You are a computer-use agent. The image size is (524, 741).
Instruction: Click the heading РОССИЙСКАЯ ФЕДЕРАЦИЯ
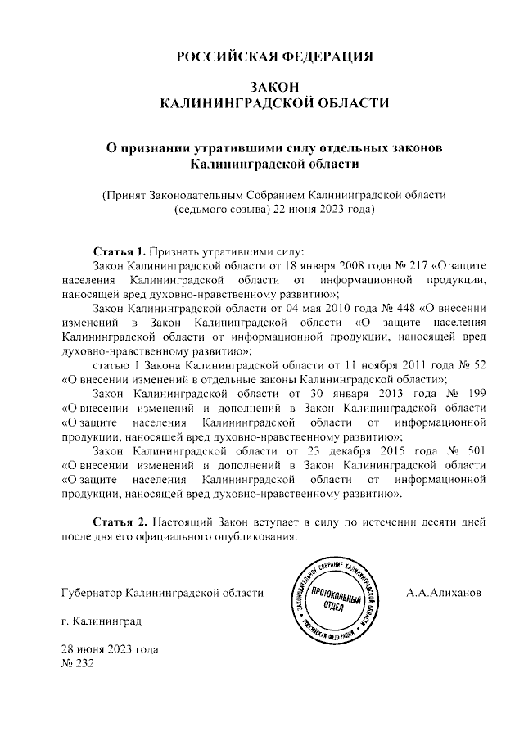[x=275, y=56]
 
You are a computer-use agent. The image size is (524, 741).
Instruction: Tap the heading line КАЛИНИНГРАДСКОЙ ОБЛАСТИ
[x=275, y=103]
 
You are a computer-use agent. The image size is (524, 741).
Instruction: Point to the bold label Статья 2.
[x=119, y=522]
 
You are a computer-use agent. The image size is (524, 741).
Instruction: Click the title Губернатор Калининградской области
[x=163, y=591]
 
